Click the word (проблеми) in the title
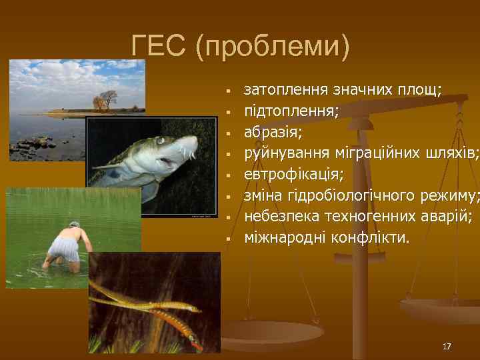click(273, 47)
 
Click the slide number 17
click(447, 347)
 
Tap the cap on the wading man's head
click(74, 225)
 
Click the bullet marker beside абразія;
click(227, 132)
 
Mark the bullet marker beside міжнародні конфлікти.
click(227, 239)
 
